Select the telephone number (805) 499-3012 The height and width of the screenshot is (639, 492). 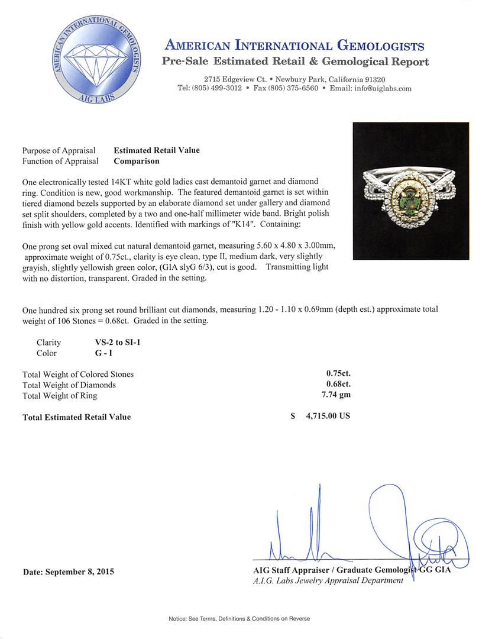click(209, 88)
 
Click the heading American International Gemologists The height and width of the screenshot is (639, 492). click(294, 46)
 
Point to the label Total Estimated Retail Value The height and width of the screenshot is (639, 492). click(76, 417)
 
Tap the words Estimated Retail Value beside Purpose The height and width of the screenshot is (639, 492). click(157, 150)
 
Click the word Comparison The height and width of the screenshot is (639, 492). click(136, 161)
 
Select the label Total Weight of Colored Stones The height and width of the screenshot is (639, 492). click(78, 374)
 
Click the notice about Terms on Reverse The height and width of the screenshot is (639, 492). click(239, 619)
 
